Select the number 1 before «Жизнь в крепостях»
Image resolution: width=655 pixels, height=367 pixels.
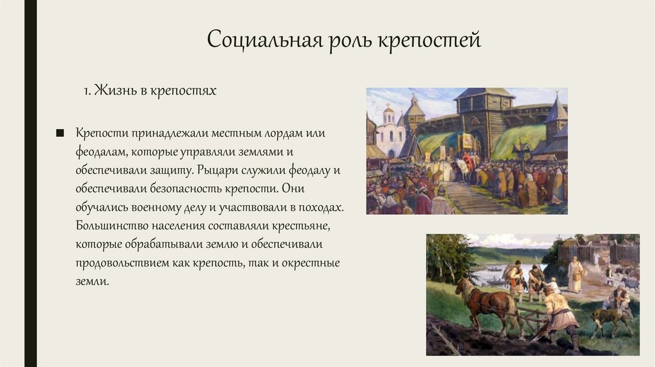tap(86, 91)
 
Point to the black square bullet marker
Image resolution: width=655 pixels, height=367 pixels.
tap(60, 133)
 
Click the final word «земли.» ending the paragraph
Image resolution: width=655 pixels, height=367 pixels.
tap(93, 282)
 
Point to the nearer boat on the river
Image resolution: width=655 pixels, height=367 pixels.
tap(493, 281)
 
